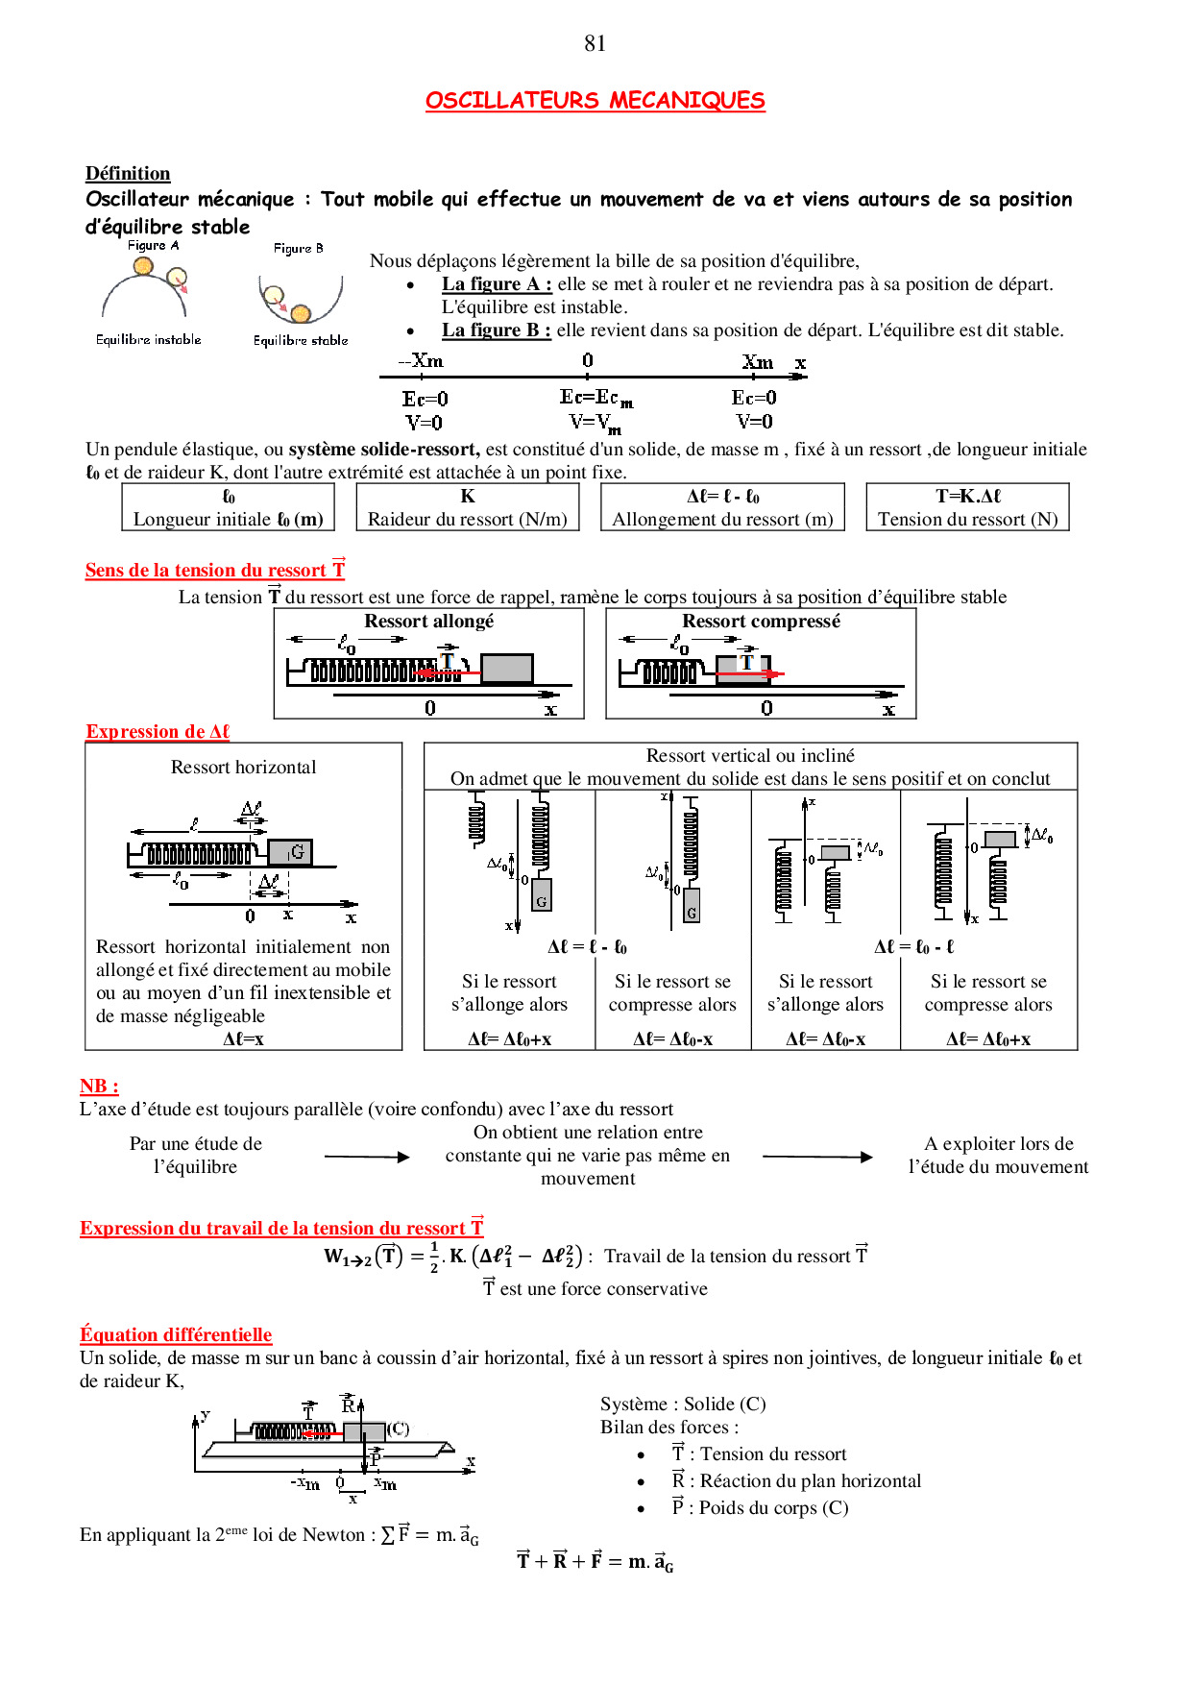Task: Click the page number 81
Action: point(595,43)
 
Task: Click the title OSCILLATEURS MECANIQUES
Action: point(595,101)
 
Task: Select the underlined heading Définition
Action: point(128,174)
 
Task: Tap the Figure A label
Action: point(153,246)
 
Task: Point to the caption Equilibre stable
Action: point(301,340)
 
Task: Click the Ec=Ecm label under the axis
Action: point(595,398)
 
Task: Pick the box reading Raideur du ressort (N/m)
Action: point(468,507)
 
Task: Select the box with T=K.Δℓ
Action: point(967,507)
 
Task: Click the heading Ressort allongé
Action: point(428,622)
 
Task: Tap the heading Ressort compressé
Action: point(761,622)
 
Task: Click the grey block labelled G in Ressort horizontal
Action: point(290,852)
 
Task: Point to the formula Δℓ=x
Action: point(243,1038)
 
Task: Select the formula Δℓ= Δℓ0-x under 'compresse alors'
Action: point(672,1038)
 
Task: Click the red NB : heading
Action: point(99,1087)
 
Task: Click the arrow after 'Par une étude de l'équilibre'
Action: point(367,1157)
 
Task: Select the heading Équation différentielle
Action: point(176,1334)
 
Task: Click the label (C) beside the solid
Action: point(399,1429)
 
